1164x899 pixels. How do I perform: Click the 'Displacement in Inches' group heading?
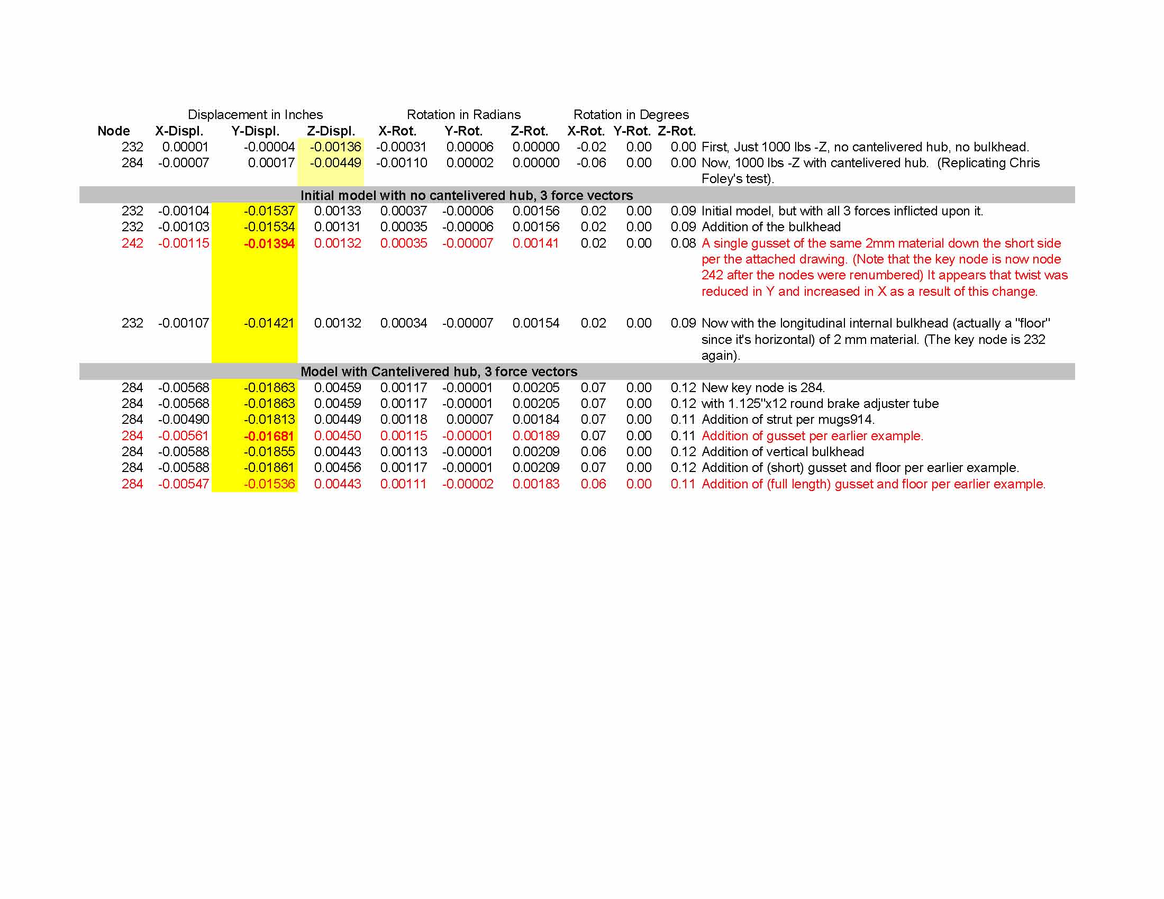coord(255,115)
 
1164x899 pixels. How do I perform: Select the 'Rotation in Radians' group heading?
coord(463,115)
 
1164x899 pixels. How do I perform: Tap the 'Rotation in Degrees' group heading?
coord(631,115)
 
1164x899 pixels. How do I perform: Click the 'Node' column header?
coord(114,131)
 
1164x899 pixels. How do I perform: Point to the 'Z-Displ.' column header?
coord(331,131)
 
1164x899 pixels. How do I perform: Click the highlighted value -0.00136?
coord(335,147)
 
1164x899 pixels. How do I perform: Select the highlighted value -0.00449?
coord(335,163)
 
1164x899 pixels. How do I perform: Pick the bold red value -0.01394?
coord(269,243)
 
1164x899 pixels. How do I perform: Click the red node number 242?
coord(132,243)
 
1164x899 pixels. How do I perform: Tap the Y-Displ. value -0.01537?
coord(269,211)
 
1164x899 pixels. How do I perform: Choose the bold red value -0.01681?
coord(269,436)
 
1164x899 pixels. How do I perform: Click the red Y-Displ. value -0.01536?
coord(269,484)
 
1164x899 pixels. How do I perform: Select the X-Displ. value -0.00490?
coord(184,420)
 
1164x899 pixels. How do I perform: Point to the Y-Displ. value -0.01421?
coord(269,323)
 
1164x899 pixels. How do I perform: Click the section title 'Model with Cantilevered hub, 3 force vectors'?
coord(439,371)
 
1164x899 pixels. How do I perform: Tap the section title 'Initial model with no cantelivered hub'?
coord(466,195)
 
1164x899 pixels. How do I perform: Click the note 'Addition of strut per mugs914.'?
coord(788,420)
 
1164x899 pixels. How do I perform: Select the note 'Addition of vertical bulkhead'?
coord(783,452)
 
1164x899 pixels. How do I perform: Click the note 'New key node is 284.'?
coord(762,388)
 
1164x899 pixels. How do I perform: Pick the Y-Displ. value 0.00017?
coord(271,163)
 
